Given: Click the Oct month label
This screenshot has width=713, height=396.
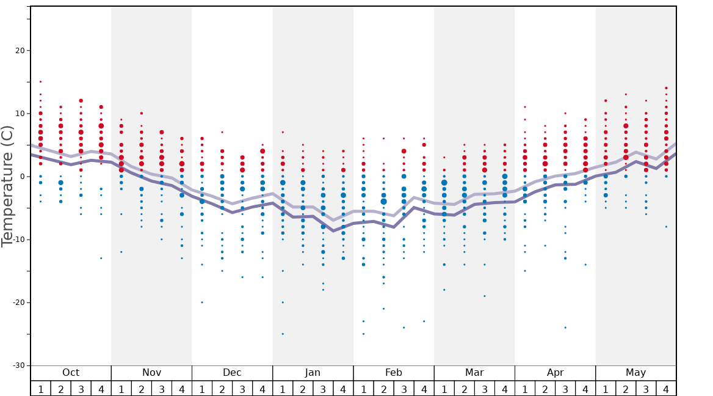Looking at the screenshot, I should click(71, 373).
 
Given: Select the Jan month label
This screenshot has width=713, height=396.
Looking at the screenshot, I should click(313, 373).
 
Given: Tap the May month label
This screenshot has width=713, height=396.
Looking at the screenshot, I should click(635, 373).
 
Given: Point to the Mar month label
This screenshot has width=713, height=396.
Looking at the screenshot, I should click(474, 373).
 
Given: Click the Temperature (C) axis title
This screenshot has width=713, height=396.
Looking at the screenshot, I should click(7, 186).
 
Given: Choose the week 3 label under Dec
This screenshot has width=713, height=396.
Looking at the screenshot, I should click(242, 389).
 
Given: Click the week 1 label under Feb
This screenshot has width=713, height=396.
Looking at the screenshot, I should click(363, 389).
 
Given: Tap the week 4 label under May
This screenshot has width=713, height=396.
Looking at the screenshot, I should click(666, 389).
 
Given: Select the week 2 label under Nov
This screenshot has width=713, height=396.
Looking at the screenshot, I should click(142, 389).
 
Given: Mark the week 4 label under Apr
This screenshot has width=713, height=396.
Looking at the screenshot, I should click(585, 389).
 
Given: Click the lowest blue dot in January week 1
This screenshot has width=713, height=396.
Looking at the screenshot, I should click(283, 334).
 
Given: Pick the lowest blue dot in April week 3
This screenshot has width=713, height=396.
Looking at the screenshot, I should click(565, 328).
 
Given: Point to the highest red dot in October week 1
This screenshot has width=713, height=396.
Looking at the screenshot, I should click(40, 81).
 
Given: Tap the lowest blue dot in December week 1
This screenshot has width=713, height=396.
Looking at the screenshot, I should click(202, 302).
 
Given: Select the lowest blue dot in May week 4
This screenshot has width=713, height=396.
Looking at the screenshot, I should click(666, 227).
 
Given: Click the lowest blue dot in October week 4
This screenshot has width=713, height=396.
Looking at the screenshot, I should click(101, 258).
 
